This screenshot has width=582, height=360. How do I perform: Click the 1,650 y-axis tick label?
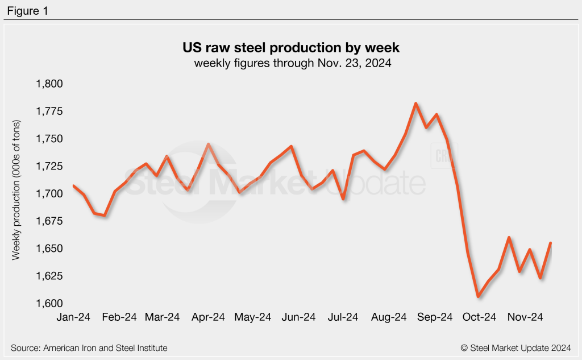[x=49, y=249]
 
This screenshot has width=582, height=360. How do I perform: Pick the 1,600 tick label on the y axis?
[x=49, y=304]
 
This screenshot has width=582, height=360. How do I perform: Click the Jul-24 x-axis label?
[x=343, y=317]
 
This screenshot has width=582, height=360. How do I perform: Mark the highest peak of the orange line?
[x=416, y=104]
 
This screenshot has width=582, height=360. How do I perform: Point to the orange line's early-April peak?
[x=209, y=144]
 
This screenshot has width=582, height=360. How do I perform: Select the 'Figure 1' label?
[x=28, y=10]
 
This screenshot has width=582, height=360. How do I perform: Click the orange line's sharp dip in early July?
[x=343, y=198]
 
